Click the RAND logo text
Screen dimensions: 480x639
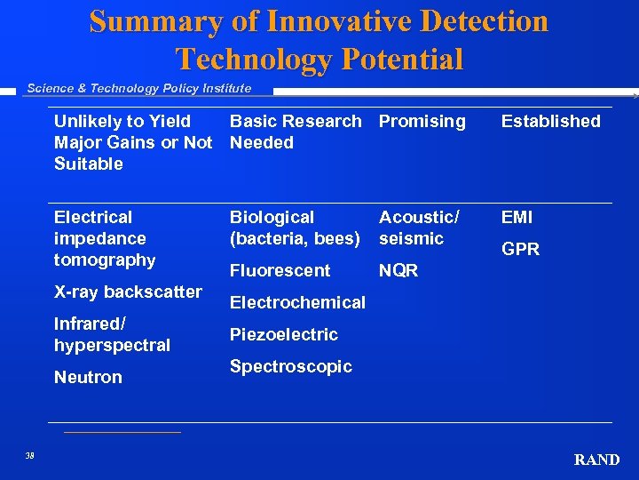[x=596, y=460]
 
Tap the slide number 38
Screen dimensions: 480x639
[x=30, y=456]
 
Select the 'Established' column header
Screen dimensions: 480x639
[x=550, y=121]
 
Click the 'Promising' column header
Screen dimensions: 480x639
[x=422, y=121]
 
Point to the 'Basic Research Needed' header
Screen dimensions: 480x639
[x=295, y=132]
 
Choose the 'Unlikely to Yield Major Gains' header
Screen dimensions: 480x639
[x=133, y=142]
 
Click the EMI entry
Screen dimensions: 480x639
[x=517, y=217]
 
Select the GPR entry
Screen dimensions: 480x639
[x=520, y=250]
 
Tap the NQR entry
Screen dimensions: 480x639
[x=398, y=271]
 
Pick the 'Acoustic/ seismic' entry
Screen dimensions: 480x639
[x=419, y=228]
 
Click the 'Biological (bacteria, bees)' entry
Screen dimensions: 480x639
[x=294, y=228]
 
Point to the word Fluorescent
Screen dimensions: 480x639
[x=280, y=271]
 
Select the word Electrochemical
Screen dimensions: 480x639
[x=297, y=303]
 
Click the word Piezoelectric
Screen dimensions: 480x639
[x=283, y=335]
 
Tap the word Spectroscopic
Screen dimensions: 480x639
[x=290, y=367]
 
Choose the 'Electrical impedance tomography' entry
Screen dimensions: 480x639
[x=104, y=238]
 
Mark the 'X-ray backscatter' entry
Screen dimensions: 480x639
[x=128, y=292]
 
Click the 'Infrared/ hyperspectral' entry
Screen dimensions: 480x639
[x=112, y=334]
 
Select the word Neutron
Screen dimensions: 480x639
[x=88, y=378]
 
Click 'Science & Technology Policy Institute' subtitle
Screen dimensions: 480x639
[x=139, y=88]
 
